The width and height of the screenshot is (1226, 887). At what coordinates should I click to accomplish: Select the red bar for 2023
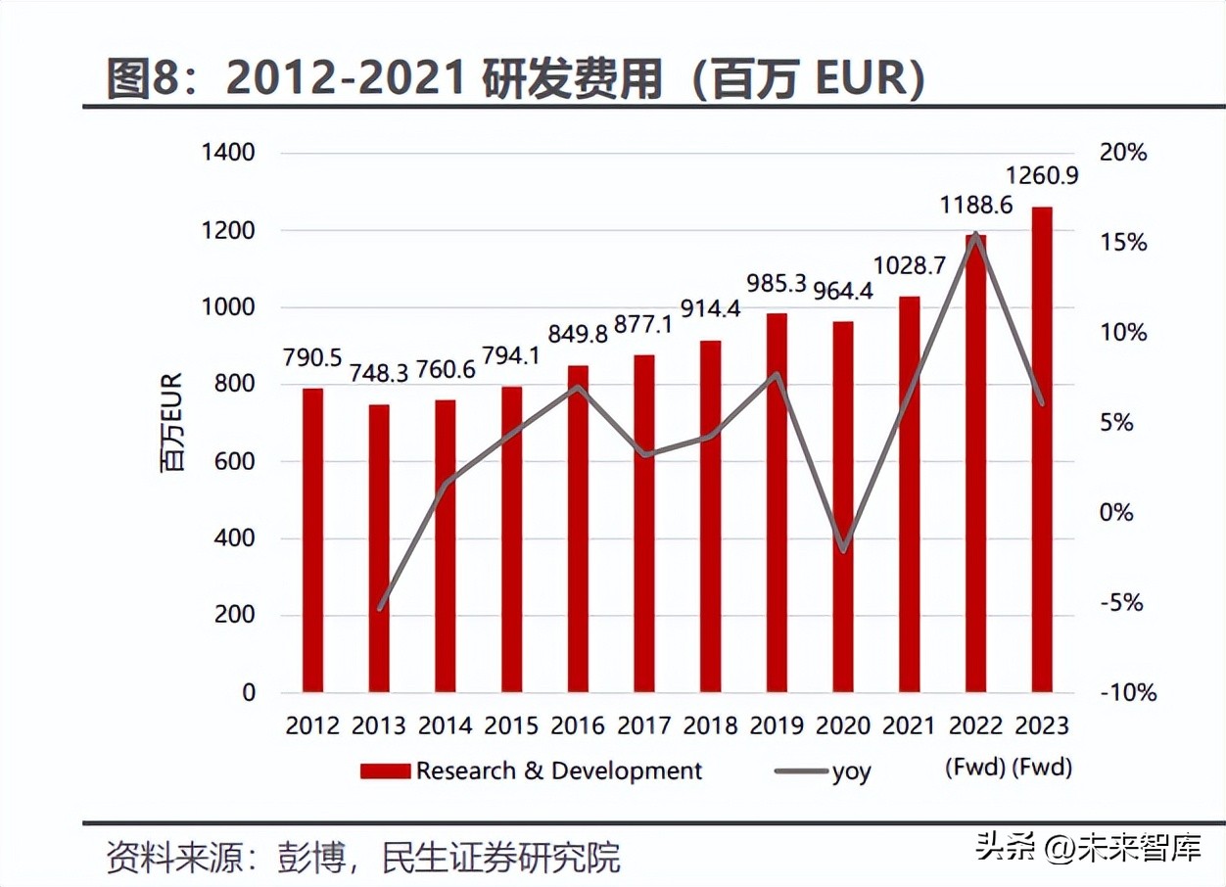[x=1042, y=449]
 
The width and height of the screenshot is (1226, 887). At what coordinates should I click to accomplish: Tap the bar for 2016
[x=578, y=529]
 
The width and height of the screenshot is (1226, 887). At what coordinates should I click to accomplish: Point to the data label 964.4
[x=843, y=293]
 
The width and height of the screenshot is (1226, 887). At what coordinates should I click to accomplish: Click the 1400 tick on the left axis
[x=227, y=153]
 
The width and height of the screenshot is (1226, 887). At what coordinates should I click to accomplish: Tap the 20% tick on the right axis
[x=1122, y=153]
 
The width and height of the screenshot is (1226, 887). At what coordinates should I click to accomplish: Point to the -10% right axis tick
[x=1127, y=692]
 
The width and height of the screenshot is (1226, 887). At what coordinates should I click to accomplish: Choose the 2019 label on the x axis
[x=777, y=725]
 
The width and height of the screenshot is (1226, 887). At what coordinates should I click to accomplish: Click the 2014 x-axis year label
[x=445, y=725]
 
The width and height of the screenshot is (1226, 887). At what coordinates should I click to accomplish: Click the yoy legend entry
[x=850, y=771]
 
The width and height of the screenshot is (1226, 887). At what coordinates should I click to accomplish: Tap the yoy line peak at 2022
[x=976, y=234]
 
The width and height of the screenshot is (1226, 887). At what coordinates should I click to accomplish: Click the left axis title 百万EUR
[x=172, y=421]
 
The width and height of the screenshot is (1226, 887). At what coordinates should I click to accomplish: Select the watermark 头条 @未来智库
[x=1088, y=847]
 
